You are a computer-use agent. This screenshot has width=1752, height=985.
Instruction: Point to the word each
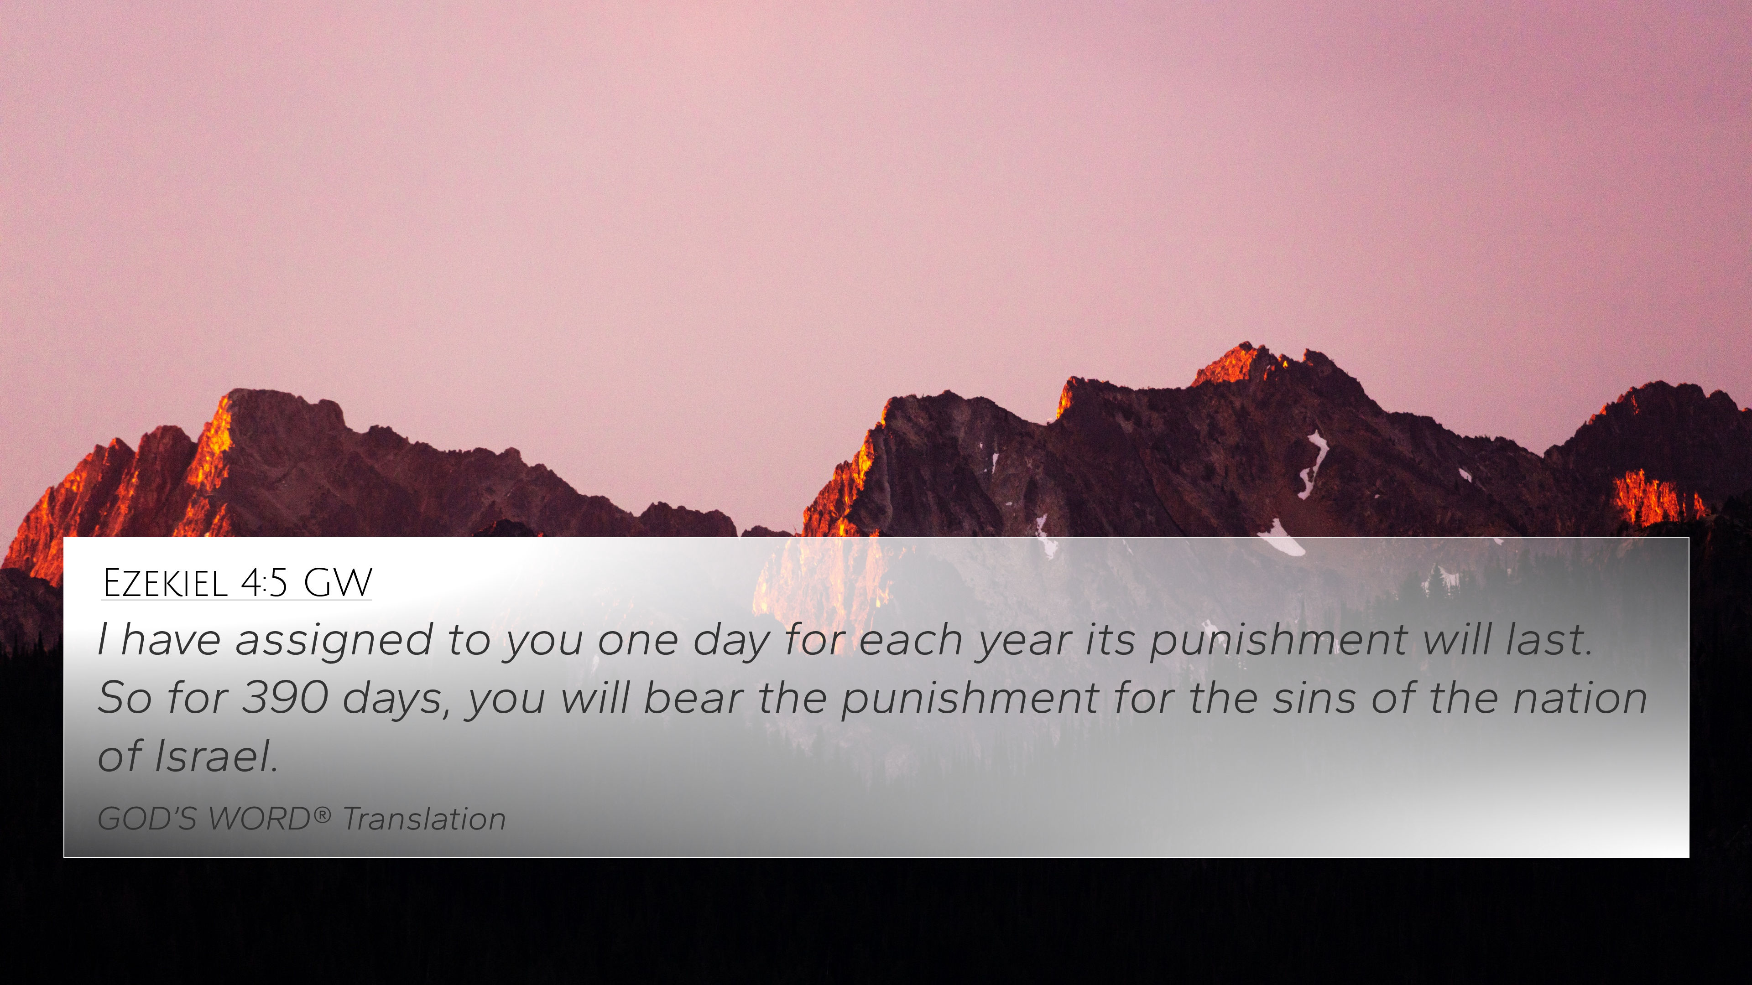[909, 640]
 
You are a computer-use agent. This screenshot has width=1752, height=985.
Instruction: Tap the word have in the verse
[171, 640]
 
